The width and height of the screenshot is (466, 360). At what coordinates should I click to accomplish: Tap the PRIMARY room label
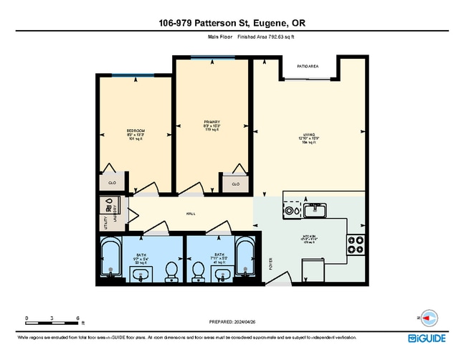211,123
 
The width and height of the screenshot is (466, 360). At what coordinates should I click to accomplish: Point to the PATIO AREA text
308,67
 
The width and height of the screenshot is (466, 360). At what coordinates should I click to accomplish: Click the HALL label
191,214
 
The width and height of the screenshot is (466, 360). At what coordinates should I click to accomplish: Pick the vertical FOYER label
270,263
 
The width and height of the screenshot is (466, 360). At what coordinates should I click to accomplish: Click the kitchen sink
315,210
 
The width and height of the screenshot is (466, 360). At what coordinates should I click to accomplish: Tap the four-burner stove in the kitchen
356,246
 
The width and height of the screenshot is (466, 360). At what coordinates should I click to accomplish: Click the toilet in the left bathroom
171,270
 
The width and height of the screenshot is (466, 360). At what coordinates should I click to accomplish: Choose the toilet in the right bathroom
196,271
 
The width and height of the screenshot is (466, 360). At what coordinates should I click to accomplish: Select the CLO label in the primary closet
234,184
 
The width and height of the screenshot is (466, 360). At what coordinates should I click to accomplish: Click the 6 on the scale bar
77,316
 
